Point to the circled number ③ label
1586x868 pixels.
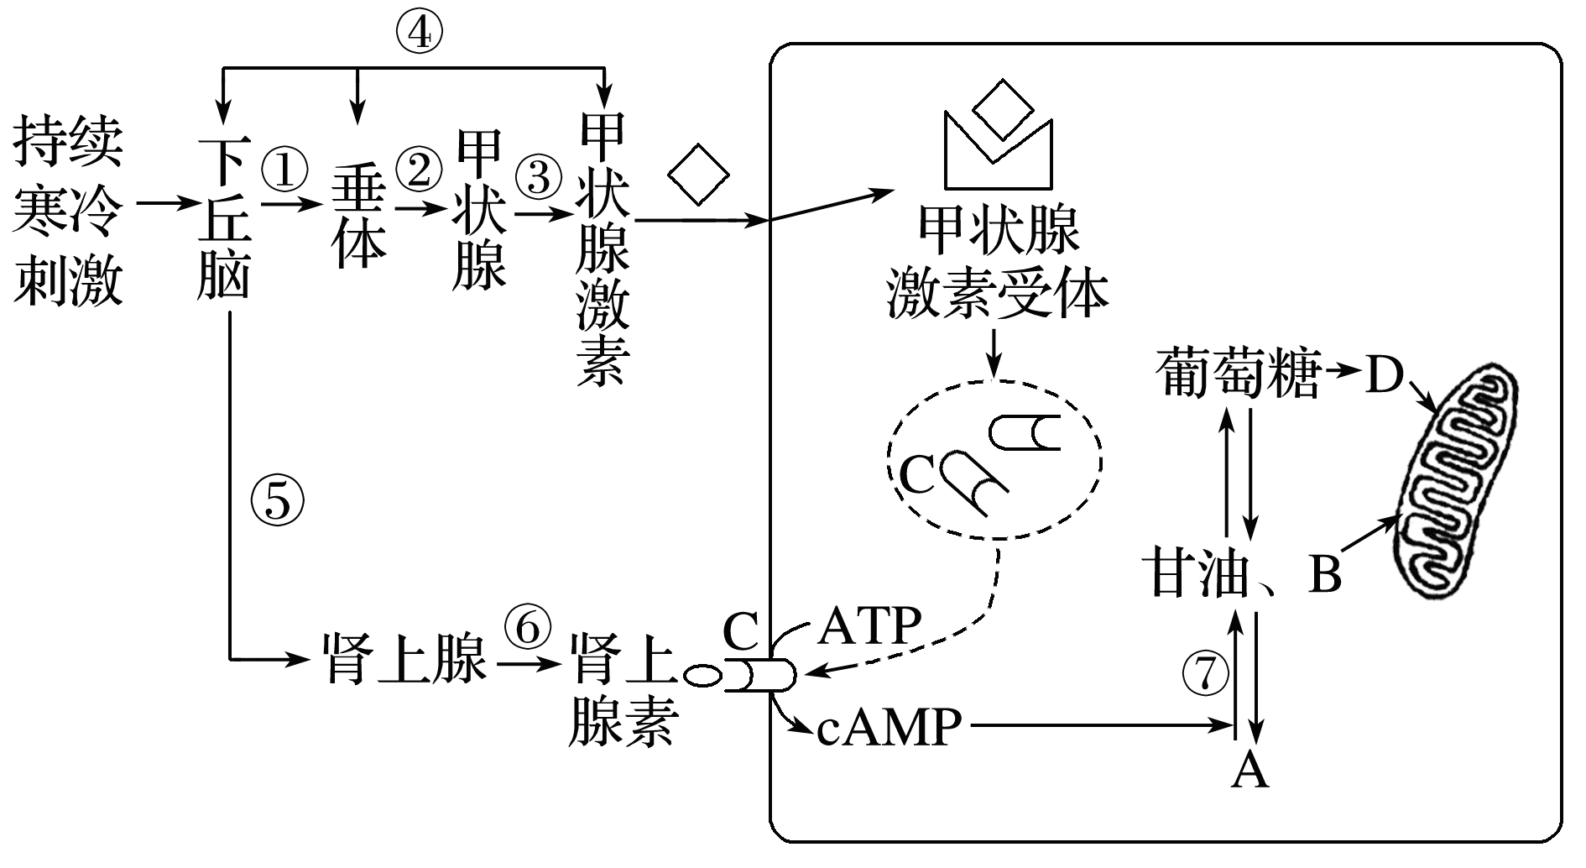pos(538,178)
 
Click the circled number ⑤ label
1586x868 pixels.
pos(277,501)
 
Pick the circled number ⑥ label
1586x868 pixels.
pos(529,630)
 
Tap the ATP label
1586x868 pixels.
pos(869,626)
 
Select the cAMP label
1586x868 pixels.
pos(889,727)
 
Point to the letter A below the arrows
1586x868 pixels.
pos(1249,769)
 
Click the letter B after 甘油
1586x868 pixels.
pos(1324,576)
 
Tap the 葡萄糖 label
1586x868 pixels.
pos(1237,374)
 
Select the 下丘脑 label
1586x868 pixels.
pos(225,220)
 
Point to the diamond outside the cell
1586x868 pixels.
pos(698,175)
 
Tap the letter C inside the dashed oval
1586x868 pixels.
pos(916,477)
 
